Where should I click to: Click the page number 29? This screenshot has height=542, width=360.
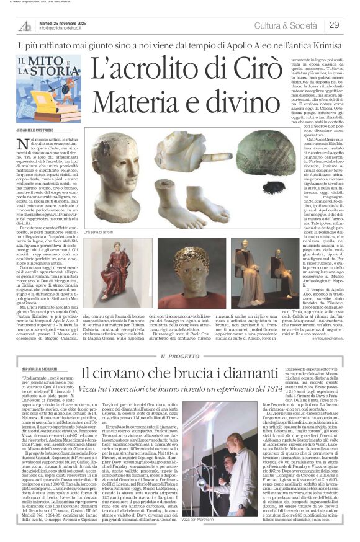(335, 25)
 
